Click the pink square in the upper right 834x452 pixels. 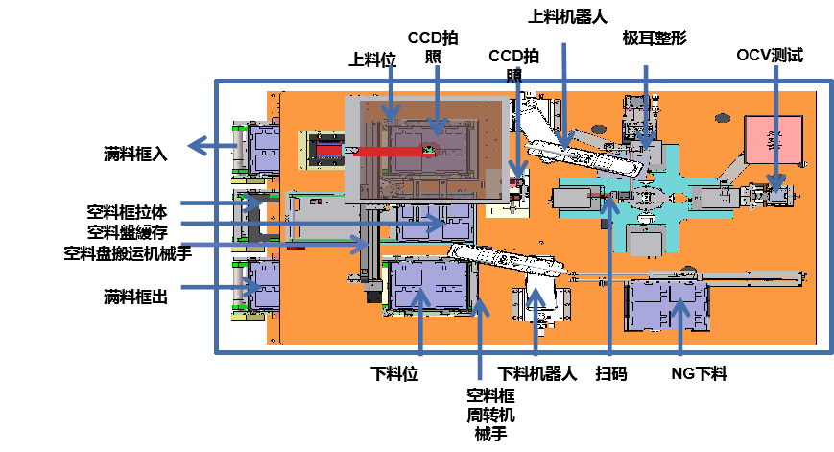coord(774,140)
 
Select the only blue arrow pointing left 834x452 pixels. coord(211,146)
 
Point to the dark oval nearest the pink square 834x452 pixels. coord(722,118)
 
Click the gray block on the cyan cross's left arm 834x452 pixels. coord(574,199)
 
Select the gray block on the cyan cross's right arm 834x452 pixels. coord(710,199)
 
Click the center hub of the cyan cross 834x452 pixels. coord(646,198)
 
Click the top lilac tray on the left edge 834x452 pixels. coord(262,149)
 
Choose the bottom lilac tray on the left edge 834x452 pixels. coord(262,285)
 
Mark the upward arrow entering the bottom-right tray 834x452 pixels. coord(680,331)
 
